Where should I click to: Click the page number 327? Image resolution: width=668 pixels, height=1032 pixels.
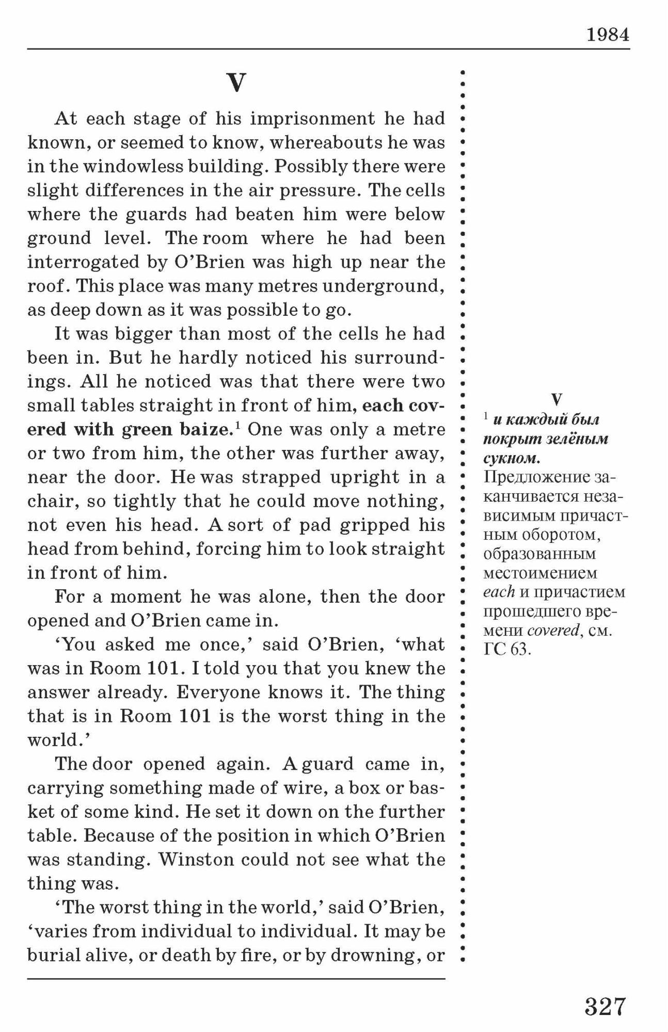click(605, 1006)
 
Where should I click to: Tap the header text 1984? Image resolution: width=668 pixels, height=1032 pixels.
click(608, 35)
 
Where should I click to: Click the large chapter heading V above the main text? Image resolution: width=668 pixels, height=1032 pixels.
click(236, 83)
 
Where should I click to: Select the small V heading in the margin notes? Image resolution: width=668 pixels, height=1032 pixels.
click(556, 399)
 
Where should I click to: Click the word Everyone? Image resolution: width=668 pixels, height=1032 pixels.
click(210, 692)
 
